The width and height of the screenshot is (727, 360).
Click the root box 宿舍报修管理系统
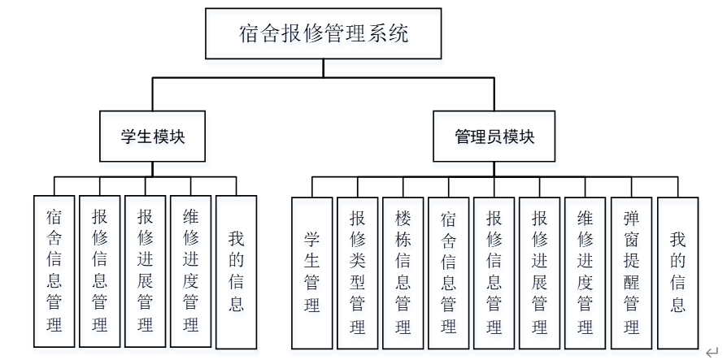[323, 34]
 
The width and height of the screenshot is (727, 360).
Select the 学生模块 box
[152, 137]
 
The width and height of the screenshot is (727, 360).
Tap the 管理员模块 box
[494, 137]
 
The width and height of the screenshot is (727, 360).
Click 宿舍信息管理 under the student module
[54, 271]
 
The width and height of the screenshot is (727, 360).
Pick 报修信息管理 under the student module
[100, 271]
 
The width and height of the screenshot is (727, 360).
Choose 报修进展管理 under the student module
[146, 271]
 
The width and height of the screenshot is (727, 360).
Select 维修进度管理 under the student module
[191, 271]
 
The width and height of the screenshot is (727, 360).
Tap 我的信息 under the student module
[236, 271]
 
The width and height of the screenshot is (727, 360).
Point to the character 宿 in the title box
[249, 34]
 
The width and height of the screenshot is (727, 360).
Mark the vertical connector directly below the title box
[323, 68]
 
